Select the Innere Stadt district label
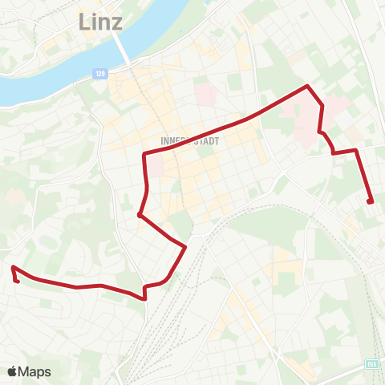pyautogui.click(x=190, y=140)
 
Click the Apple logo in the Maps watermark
pyautogui.click(x=13, y=371)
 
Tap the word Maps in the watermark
pyautogui.click(x=34, y=371)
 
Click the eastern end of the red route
pyautogui.click(x=370, y=201)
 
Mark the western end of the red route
pyautogui.click(x=14, y=269)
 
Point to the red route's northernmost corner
pyautogui.click(x=307, y=86)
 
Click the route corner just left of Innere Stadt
pyautogui.click(x=144, y=154)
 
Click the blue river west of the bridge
pyautogui.click(x=48, y=80)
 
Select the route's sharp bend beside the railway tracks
pyautogui.click(x=186, y=246)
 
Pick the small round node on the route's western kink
pyautogui.click(x=140, y=215)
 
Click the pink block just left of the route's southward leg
pyautogui.click(x=155, y=166)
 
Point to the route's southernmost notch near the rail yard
pyautogui.click(x=145, y=298)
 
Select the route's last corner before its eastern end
pyautogui.click(x=355, y=149)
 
